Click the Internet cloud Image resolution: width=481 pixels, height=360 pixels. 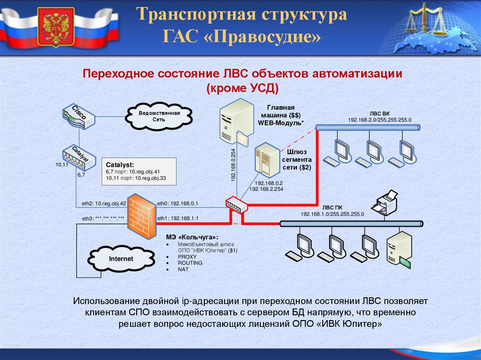click(121, 259)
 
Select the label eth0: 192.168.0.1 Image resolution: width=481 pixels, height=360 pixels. click(178, 204)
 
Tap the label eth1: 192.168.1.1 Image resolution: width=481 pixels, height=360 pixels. click(178, 218)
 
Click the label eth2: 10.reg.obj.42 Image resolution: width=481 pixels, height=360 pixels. click(104, 204)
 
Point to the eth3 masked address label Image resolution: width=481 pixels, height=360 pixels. click(103, 219)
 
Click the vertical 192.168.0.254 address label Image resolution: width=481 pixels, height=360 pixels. click(233, 164)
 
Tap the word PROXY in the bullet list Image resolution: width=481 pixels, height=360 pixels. click(184, 257)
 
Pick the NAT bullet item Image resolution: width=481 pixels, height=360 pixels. click(183, 269)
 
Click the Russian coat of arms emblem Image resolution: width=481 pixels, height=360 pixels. click(56, 28)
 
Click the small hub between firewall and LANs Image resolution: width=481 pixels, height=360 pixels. click(235, 204)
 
